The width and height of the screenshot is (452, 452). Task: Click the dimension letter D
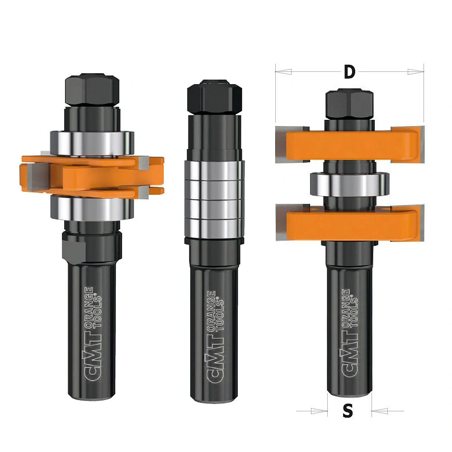click(349, 72)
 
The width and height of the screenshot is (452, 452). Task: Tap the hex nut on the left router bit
click(92, 90)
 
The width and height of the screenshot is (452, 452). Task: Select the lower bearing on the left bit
click(92, 207)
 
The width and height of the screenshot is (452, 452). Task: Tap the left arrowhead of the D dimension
click(283, 71)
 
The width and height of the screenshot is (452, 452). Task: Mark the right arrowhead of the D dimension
click(416, 71)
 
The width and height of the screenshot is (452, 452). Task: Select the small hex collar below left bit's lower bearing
click(75, 246)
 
